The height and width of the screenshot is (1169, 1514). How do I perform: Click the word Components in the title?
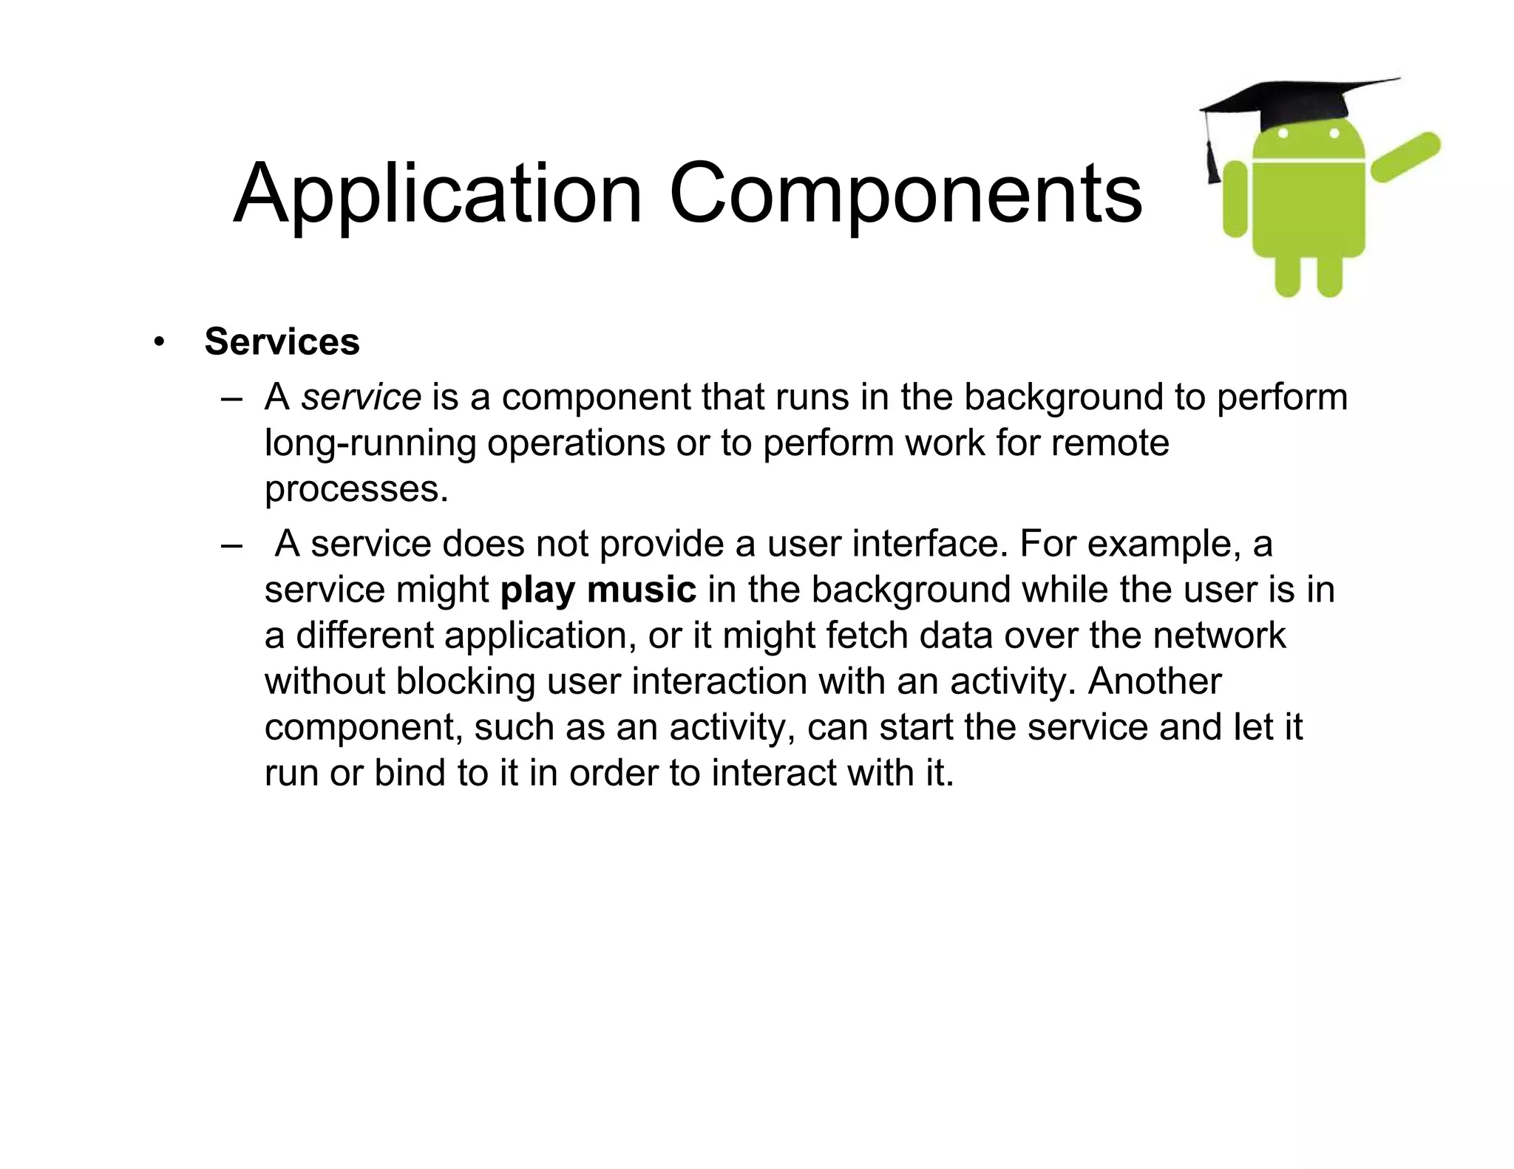[905, 194]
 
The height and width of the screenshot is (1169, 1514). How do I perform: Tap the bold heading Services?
[282, 341]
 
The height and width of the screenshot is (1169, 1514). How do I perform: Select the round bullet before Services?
[158, 342]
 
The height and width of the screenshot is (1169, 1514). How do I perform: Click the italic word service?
[361, 397]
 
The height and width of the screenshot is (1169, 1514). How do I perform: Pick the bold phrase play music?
[598, 590]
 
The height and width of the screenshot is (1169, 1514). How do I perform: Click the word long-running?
[370, 443]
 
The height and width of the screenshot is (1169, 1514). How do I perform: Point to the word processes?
[356, 489]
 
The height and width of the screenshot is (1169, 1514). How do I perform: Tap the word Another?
[1154, 681]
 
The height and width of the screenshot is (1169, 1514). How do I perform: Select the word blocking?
[466, 682]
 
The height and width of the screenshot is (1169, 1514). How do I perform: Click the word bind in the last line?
[409, 773]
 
